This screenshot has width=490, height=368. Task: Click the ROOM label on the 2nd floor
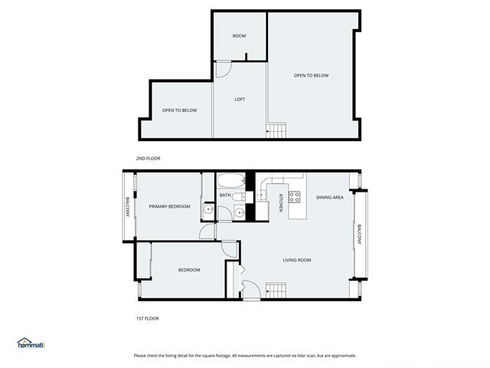(239, 36)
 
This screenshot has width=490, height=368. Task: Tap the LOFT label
(240, 99)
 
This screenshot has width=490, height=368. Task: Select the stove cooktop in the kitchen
(294, 197)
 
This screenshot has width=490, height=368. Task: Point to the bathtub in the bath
(231, 181)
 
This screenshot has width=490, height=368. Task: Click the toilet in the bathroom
(240, 197)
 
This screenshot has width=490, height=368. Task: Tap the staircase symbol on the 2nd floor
(276, 130)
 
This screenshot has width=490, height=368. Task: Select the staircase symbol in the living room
(276, 290)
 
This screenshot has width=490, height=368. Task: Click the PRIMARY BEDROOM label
(169, 206)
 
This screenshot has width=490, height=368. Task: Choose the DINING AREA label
(330, 198)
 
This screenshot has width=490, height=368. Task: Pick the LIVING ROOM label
(297, 260)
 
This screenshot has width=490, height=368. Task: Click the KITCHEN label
(281, 202)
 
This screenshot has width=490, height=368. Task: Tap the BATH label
(225, 195)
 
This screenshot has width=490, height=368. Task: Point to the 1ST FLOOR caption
(148, 319)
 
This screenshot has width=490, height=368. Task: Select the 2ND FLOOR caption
(148, 159)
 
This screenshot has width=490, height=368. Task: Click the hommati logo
(31, 343)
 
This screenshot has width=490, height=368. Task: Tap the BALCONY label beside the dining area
(359, 235)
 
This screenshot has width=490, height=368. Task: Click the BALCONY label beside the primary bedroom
(128, 207)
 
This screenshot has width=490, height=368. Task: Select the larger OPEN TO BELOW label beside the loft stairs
(312, 75)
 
